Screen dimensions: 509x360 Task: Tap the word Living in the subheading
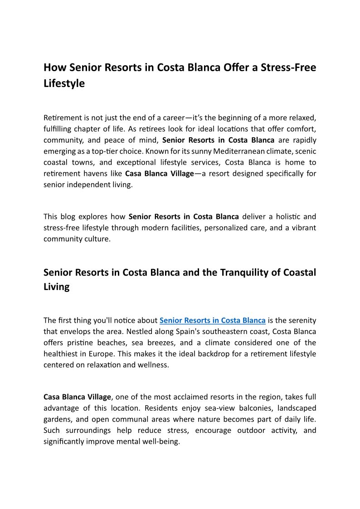tap(56, 287)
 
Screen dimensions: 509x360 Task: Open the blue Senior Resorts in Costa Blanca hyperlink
tap(212, 320)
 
